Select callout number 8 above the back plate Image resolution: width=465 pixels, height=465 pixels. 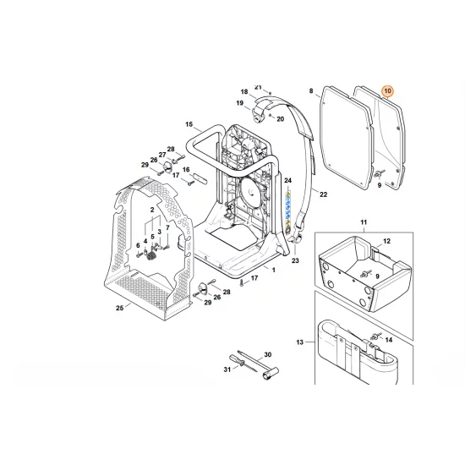click(x=311, y=90)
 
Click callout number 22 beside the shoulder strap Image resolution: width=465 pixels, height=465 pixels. click(x=323, y=195)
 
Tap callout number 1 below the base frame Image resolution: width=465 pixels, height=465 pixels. click(x=273, y=269)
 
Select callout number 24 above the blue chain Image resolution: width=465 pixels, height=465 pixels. click(x=287, y=182)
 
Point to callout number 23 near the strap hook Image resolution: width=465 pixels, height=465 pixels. click(x=295, y=261)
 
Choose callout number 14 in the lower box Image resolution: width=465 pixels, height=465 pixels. click(x=389, y=340)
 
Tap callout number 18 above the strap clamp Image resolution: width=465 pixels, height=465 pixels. click(x=243, y=91)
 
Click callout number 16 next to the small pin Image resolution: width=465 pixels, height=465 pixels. click(x=186, y=169)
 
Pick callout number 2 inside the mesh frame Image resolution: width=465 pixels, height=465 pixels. click(x=152, y=208)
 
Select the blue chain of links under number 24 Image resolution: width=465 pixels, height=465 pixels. click(x=288, y=211)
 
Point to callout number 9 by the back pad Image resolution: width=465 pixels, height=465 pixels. click(x=380, y=184)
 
